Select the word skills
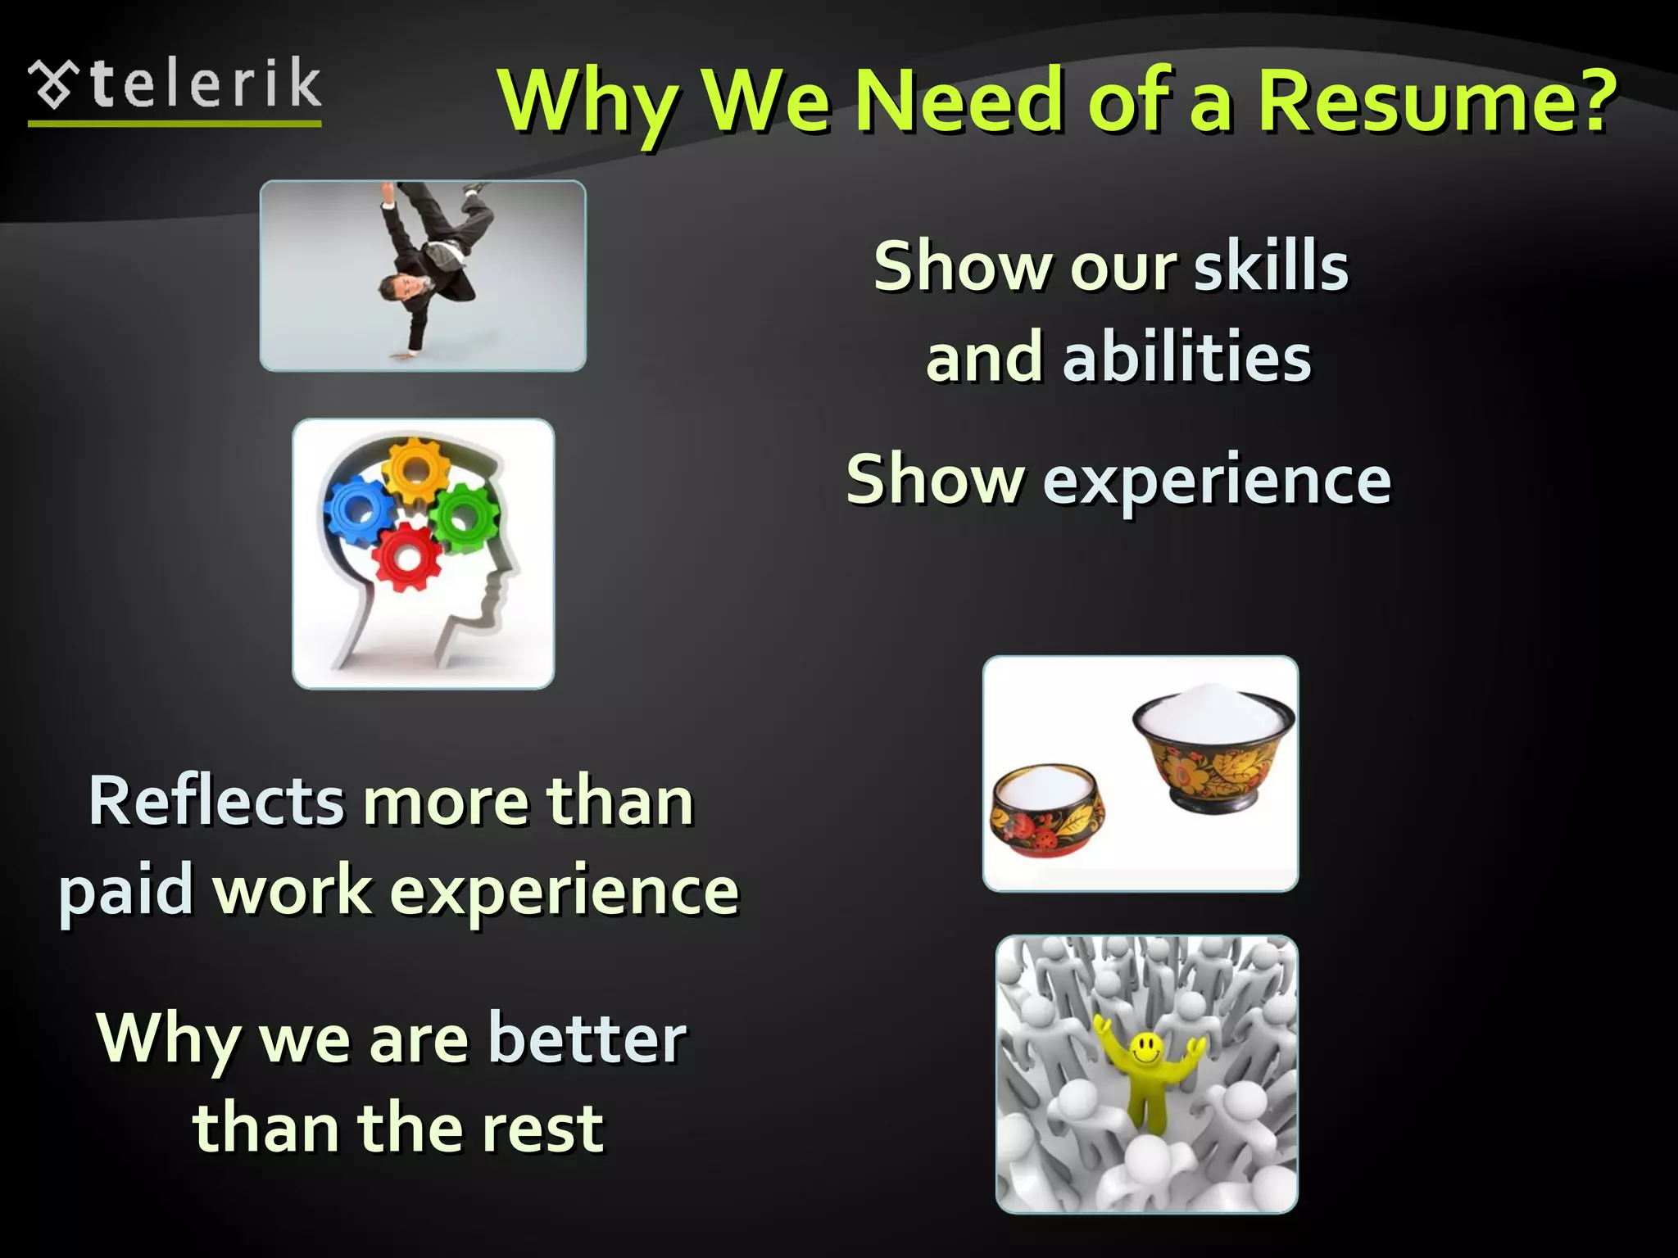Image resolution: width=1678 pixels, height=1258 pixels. pyautogui.click(x=1271, y=266)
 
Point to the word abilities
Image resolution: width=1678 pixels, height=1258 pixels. pyautogui.click(x=1187, y=358)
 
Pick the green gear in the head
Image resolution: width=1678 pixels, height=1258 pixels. pyautogui.click(x=464, y=516)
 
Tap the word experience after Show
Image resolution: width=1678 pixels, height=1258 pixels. pyautogui.click(x=1217, y=481)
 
